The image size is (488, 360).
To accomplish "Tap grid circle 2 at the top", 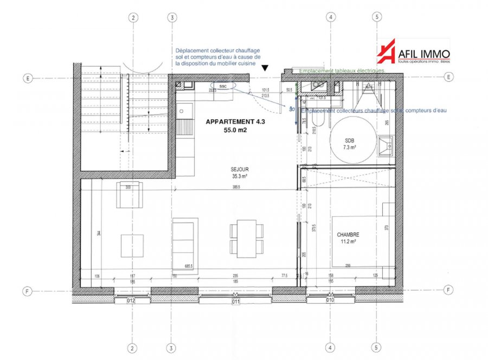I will tap(133, 17).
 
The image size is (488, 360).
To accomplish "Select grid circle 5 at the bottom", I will tap(375, 348).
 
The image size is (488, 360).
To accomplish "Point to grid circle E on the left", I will tap(27, 78).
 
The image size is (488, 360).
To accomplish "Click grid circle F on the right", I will tap(448, 291).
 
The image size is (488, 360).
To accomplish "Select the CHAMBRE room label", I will tap(348, 235).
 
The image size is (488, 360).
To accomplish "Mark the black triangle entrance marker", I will tap(264, 68).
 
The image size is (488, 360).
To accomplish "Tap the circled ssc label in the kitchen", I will tap(223, 86).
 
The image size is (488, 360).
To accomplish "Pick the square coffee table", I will tap(132, 245).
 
